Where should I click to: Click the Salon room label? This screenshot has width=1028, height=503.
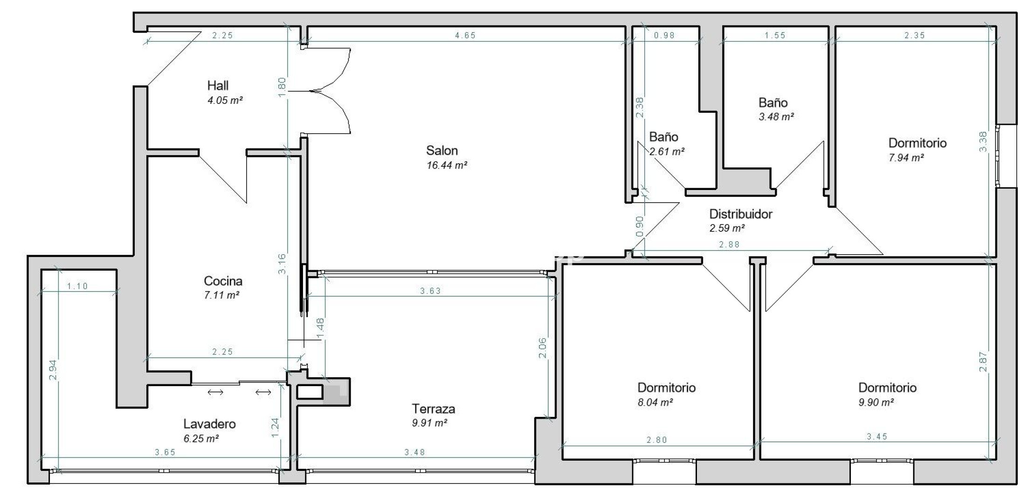[442, 150]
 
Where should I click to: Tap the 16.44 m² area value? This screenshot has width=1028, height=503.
[447, 165]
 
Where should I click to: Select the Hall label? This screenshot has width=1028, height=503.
[218, 85]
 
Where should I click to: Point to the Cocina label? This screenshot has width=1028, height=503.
[223, 281]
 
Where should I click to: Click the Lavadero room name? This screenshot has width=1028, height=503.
[209, 424]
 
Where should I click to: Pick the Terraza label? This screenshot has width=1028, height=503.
[433, 409]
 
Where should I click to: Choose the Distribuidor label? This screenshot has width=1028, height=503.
[741, 214]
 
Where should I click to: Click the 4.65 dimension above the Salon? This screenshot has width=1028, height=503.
[465, 35]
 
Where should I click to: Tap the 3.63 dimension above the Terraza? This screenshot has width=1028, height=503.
[430, 291]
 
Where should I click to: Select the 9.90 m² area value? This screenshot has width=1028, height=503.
[876, 402]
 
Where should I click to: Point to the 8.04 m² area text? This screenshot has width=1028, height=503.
[655, 402]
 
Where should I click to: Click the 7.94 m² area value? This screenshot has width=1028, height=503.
[906, 157]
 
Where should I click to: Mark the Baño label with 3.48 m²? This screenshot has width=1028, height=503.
[773, 102]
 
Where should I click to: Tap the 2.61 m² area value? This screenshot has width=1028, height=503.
[667, 151]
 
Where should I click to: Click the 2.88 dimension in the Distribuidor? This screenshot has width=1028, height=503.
[729, 245]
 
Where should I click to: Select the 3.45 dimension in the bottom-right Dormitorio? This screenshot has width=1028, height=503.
[877, 437]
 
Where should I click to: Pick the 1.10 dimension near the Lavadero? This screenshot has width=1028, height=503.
[77, 286]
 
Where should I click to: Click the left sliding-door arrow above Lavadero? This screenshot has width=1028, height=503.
[215, 393]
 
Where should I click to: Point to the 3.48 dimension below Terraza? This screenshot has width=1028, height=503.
[414, 452]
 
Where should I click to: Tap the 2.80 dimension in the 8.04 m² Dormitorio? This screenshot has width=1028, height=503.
[656, 440]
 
